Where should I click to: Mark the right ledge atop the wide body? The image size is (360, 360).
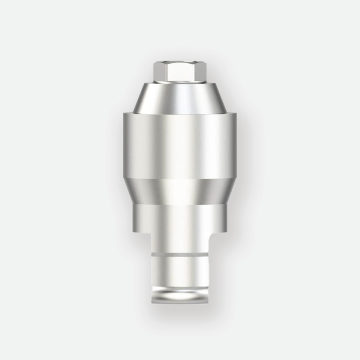click(232, 113)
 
